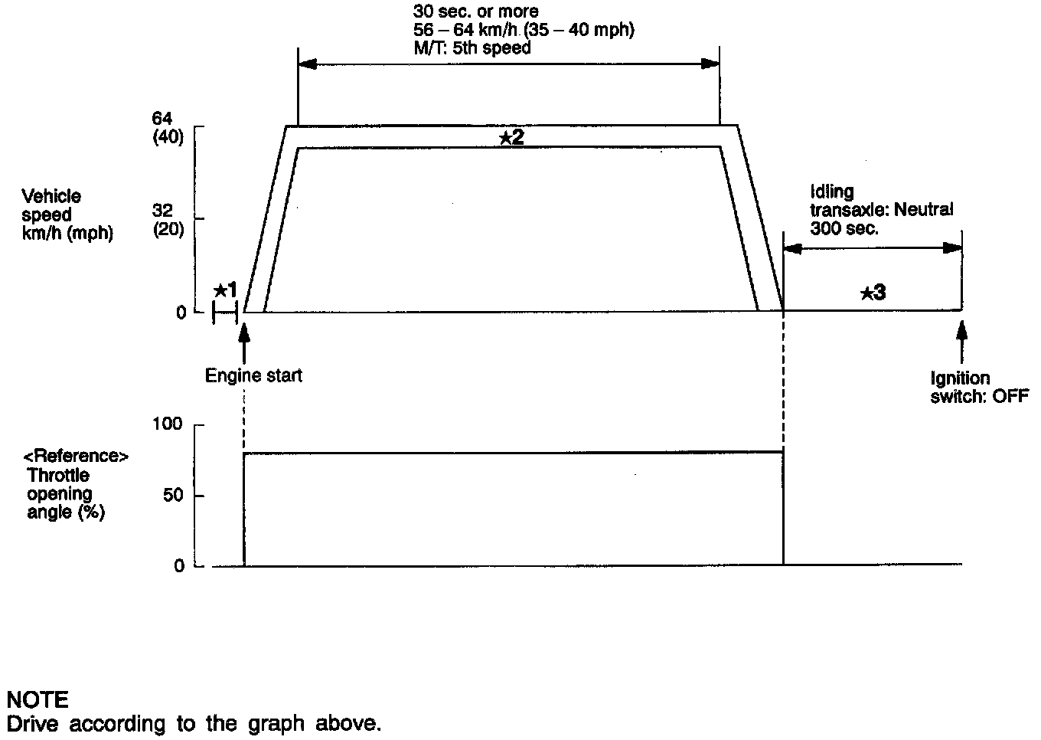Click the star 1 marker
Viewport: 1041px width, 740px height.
227,290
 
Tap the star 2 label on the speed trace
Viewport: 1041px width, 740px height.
511,138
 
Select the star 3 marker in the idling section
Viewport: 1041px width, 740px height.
873,293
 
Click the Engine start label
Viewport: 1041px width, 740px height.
253,376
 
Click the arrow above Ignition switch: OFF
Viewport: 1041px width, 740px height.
962,341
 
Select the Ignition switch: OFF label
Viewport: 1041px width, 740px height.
979,388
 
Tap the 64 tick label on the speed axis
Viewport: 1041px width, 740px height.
163,119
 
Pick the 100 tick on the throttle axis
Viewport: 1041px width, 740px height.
169,424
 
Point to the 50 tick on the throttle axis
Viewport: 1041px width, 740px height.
174,495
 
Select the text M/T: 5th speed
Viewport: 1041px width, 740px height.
472,47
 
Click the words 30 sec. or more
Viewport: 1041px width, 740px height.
475,11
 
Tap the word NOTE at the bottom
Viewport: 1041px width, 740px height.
38,699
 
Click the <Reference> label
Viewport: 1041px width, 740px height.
76,457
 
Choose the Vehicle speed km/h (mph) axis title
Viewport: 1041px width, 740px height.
67,215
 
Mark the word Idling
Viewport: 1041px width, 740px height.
831,192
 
